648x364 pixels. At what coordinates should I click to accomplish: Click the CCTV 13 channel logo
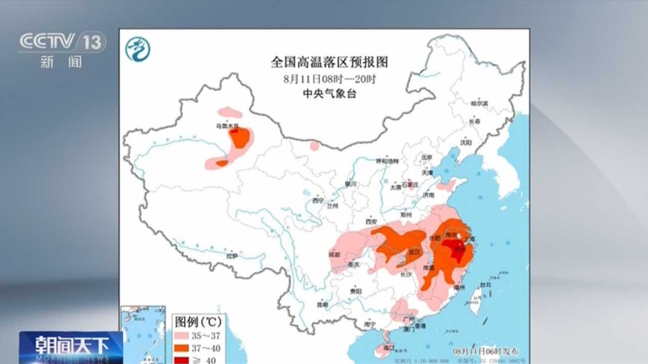point(62,42)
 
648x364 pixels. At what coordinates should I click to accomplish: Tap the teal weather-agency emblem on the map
point(138,50)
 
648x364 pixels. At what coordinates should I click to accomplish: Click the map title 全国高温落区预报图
point(329,62)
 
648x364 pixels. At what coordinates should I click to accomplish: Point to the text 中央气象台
point(329,94)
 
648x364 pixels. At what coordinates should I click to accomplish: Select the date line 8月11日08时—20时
point(329,79)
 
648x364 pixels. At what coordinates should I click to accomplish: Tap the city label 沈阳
point(465,143)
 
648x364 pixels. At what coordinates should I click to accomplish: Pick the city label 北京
point(427,157)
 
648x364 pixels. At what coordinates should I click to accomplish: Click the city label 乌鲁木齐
point(226,125)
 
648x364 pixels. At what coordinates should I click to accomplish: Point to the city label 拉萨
point(232,256)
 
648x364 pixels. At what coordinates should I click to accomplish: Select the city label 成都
point(335,254)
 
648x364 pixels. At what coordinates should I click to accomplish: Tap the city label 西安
point(371,221)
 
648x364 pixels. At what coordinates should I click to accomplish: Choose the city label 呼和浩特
point(387,161)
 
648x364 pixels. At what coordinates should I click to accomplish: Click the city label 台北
point(485,285)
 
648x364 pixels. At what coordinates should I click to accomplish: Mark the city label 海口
point(388,348)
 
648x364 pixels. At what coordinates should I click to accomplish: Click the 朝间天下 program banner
point(71,346)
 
